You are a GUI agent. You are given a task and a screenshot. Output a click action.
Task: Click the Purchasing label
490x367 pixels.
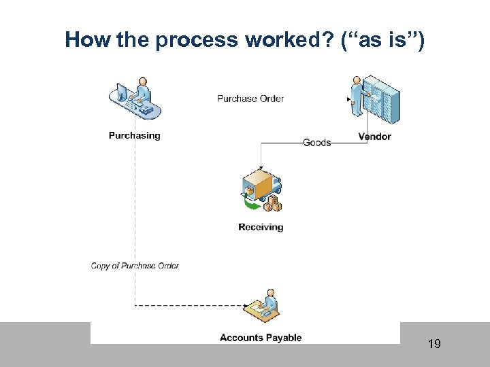(134, 136)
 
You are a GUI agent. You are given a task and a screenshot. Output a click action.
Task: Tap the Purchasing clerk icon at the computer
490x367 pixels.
(135, 99)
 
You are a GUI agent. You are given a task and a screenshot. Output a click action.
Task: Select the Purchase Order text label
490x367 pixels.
(250, 99)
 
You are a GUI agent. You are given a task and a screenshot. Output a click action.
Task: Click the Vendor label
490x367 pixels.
(374, 137)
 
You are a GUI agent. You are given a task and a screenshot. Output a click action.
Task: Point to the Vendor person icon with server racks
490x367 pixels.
(374, 99)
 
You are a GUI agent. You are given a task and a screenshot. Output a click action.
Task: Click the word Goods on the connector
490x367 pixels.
(316, 143)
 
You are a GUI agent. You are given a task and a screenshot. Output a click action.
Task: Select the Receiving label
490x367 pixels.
(261, 227)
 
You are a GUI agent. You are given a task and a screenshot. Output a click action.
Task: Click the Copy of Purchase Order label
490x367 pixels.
(135, 266)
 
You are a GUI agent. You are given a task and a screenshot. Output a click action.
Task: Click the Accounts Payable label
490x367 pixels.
(261, 338)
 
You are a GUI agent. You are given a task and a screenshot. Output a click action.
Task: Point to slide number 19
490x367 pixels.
(434, 344)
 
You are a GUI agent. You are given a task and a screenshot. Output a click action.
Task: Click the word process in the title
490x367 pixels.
(195, 41)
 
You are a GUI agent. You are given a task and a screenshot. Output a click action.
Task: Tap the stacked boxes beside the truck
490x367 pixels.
(274, 204)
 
